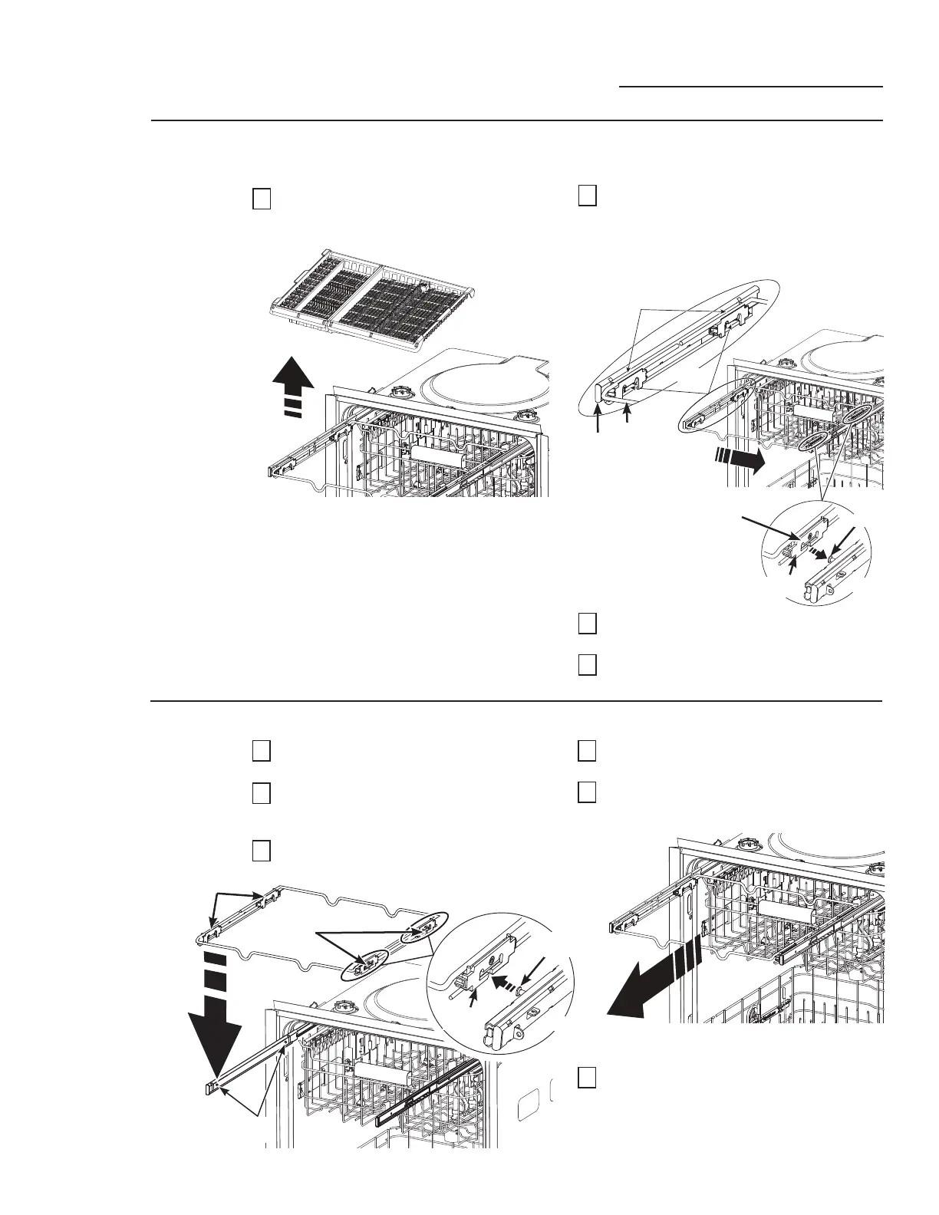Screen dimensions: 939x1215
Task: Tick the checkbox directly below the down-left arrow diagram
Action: pyautogui.click(x=587, y=1078)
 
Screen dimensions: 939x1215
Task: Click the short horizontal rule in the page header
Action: pyautogui.click(x=750, y=87)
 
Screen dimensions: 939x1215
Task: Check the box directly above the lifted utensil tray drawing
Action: pyautogui.click(x=262, y=199)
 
